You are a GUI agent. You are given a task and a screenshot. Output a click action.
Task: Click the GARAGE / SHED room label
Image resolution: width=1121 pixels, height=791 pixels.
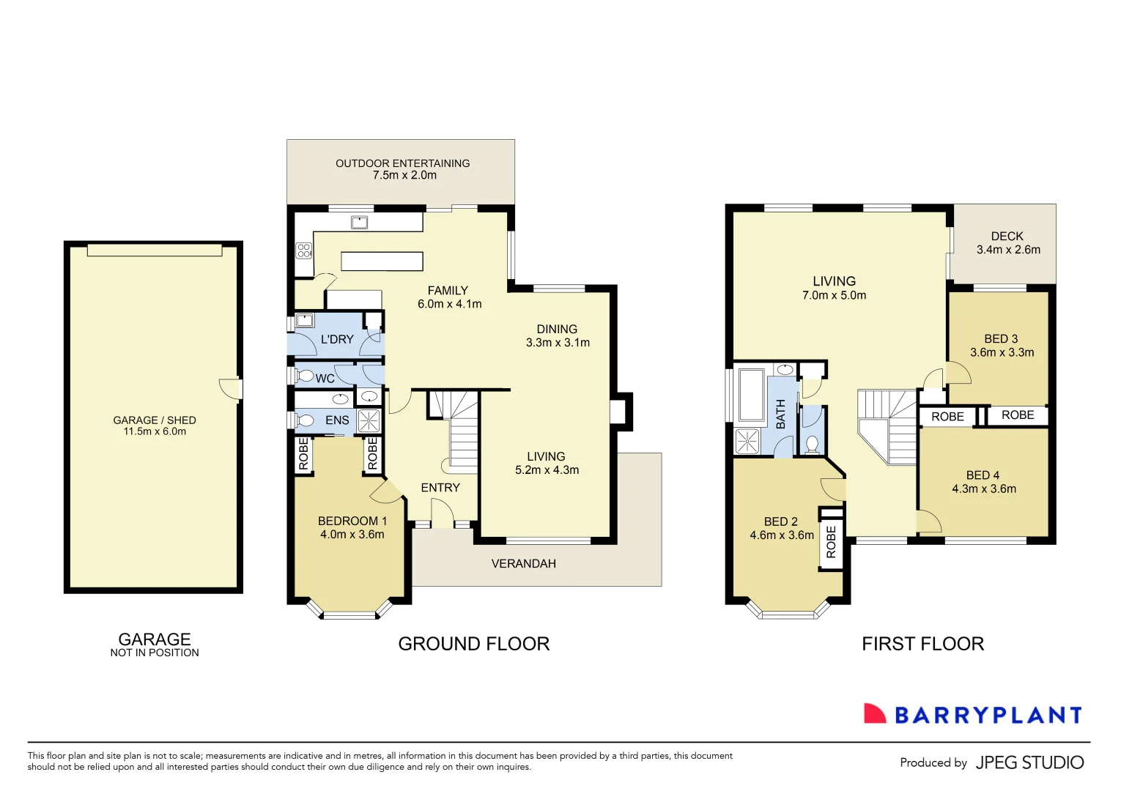coord(155,420)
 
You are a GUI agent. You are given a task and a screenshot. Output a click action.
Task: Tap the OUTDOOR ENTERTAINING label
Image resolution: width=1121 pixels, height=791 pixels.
coord(402,163)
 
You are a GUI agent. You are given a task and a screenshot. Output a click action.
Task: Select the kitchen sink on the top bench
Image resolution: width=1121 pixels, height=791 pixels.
coord(359,222)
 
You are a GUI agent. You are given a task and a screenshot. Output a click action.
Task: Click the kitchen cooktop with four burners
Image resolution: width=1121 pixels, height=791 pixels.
coord(304,250)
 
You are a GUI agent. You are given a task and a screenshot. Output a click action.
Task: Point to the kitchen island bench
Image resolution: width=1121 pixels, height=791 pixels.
coord(382,261)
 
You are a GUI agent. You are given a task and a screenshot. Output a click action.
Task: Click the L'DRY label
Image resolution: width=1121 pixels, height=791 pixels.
coord(337,340)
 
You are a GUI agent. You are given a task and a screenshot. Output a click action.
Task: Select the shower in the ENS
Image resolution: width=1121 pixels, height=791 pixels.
coord(369,421)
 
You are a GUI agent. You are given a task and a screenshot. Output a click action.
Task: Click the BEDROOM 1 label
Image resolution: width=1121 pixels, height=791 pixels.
coord(352,521)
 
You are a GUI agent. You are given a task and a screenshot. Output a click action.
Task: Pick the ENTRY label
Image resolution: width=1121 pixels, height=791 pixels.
coord(440,488)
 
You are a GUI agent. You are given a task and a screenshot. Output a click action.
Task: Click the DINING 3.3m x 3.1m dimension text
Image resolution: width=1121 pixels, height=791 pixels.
coord(558,343)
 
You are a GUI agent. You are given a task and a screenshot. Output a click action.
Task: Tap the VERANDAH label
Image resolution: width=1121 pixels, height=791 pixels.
coord(523,564)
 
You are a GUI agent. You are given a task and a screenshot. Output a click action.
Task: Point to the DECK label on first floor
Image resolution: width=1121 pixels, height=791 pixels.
coord(1007,237)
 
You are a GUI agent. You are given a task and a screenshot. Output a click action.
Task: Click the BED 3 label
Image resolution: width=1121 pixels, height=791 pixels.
coord(1001,339)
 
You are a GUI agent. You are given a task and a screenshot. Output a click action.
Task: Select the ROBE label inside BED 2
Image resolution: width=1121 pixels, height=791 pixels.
coord(831,543)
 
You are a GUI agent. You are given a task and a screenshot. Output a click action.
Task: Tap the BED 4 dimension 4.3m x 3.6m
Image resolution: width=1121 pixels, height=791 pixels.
coord(984,489)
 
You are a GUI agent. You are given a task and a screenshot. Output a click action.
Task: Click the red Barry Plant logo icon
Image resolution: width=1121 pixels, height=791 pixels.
coord(874,714)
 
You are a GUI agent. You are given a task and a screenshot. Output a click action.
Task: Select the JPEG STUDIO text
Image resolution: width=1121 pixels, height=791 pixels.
coord(1029,763)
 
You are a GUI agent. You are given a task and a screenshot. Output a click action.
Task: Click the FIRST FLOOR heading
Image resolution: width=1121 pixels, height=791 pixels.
coord(922,644)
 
